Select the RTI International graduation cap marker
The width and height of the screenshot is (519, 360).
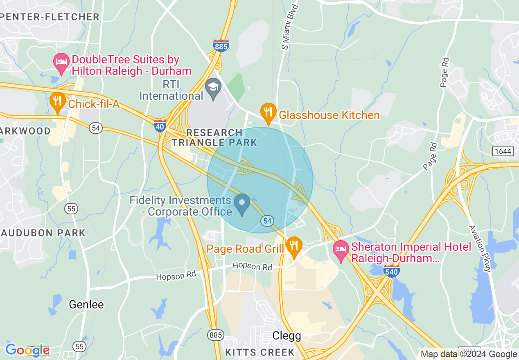tap(213, 88)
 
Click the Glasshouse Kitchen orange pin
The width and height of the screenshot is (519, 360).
tap(268, 113)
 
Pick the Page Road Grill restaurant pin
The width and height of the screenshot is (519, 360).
tap(294, 247)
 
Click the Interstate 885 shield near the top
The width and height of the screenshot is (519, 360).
tap(221, 46)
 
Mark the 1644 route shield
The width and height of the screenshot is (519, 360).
tap(503, 151)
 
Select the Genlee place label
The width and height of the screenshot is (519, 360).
tap(86, 304)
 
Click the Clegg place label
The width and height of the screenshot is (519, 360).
tap(287, 336)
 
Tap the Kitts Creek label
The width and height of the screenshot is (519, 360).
tap(260, 352)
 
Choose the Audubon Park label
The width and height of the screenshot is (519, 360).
tap(43, 233)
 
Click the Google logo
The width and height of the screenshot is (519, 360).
tap(27, 350)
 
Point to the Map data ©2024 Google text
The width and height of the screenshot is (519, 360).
tap(469, 354)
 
